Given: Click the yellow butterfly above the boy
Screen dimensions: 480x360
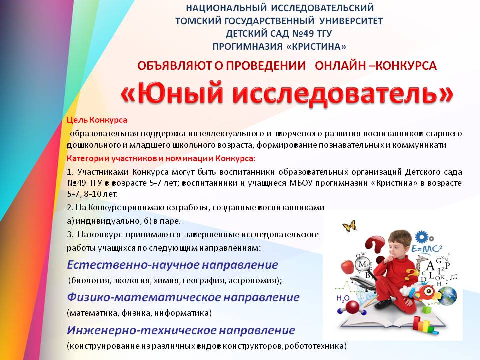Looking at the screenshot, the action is [350, 226].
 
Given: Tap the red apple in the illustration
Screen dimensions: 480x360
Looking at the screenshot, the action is [347, 267].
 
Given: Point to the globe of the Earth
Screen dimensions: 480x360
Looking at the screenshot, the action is [449, 296].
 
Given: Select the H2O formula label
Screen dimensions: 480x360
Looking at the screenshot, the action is [343, 299].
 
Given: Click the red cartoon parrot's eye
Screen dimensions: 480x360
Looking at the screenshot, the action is [428, 291].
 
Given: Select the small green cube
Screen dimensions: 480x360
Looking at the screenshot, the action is [426, 310].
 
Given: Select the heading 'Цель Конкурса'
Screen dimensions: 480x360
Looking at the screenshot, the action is [97, 120].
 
